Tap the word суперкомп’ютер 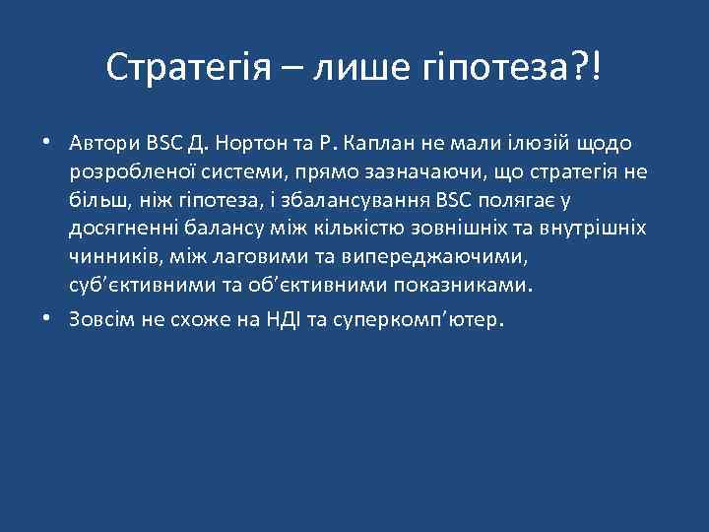[417, 321]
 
